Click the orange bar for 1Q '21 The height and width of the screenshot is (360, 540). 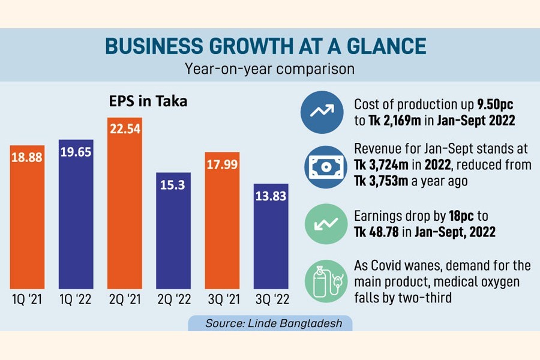point(27,216)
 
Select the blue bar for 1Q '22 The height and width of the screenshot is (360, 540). point(76,214)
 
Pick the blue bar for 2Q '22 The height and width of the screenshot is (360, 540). point(174,230)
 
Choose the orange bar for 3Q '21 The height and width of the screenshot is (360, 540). point(223,221)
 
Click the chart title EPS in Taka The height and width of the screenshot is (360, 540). point(149,101)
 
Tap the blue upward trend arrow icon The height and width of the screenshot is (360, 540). point(320,112)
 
